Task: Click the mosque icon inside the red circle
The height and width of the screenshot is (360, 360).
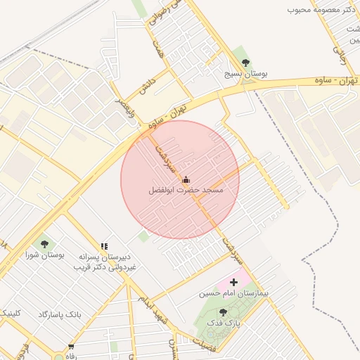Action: tap(186, 179)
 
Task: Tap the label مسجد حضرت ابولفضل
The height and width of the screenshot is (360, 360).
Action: tap(186, 191)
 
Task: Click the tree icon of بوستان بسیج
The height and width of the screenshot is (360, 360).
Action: tap(245, 63)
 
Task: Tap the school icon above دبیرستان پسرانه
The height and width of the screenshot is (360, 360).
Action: tap(104, 246)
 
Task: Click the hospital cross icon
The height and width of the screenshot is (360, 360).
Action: tap(234, 281)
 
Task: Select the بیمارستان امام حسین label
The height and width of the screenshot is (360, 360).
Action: tap(224, 292)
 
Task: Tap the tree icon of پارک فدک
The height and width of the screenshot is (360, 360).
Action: tap(223, 312)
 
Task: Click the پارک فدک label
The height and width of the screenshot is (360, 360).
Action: tap(227, 323)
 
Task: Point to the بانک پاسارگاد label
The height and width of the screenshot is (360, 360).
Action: tap(60, 314)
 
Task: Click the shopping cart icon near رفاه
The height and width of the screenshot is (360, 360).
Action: tap(71, 346)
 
